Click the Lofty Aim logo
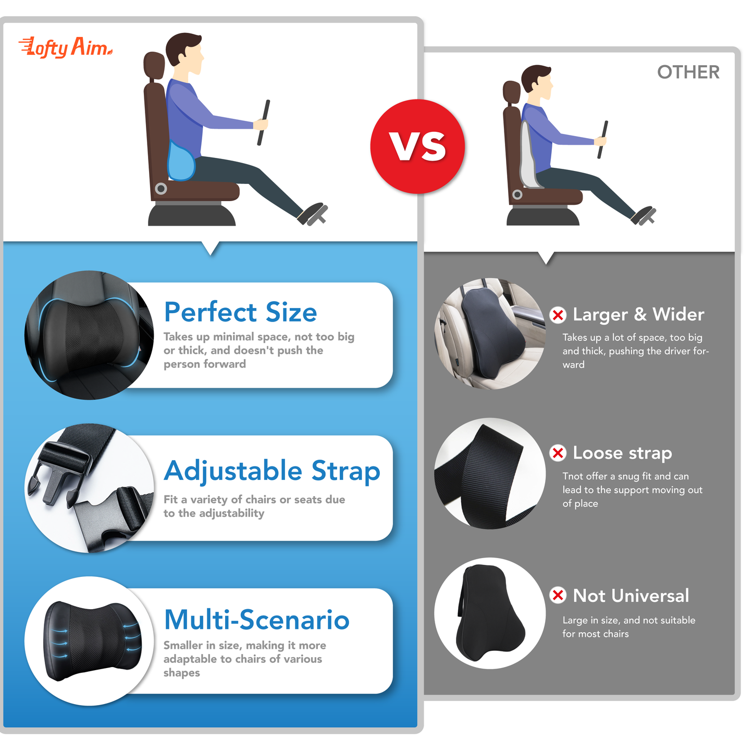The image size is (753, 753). (66, 48)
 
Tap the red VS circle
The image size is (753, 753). (417, 146)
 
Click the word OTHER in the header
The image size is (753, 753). (688, 72)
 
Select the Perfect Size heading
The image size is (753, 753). (240, 312)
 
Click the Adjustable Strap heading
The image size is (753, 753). (272, 471)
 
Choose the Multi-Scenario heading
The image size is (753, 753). (256, 620)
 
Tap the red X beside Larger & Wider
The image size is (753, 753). (558, 315)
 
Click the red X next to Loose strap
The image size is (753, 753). (558, 453)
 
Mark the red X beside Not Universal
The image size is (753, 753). (558, 595)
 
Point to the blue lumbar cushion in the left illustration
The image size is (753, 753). (181, 162)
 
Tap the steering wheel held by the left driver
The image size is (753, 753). (264, 122)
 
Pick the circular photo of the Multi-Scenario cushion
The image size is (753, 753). (90, 641)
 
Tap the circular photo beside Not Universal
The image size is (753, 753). (490, 613)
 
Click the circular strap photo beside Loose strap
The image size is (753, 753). (490, 474)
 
